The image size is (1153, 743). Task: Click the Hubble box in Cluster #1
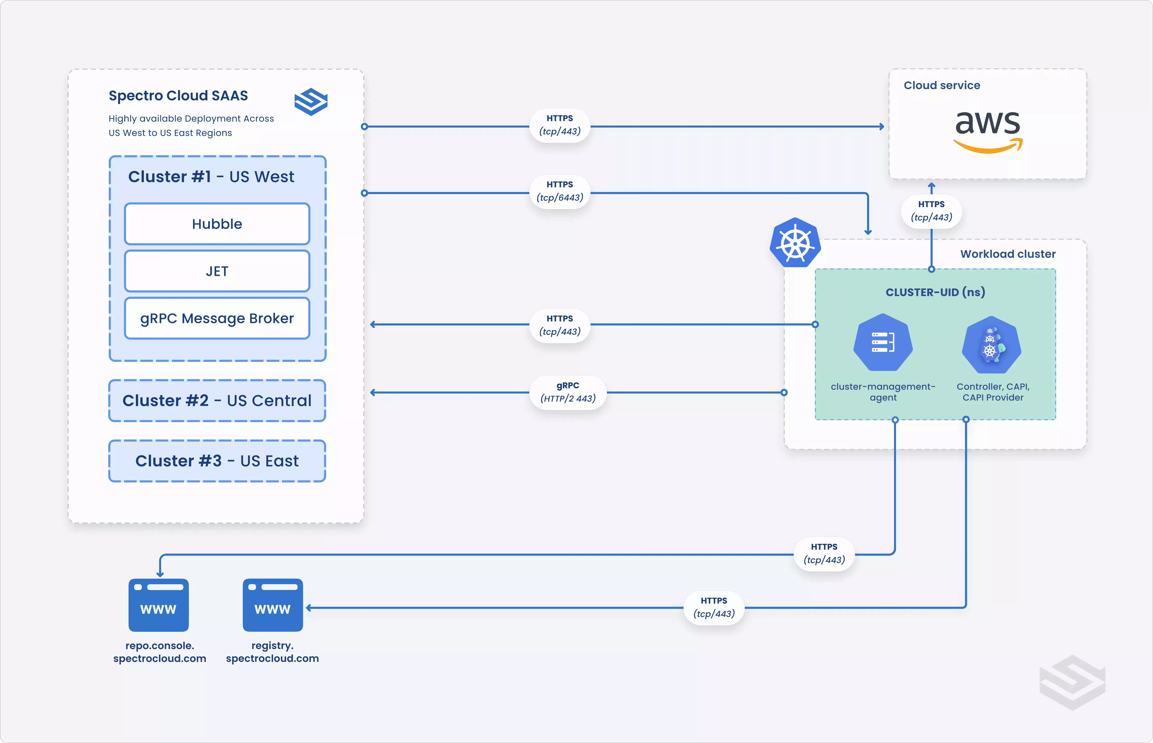tap(217, 224)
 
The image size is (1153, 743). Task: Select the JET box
tap(217, 271)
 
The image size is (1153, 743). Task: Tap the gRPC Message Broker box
tap(217, 318)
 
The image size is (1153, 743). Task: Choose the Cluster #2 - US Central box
tap(217, 400)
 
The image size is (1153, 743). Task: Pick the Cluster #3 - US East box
tap(217, 461)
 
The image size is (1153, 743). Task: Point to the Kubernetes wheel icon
tap(795, 243)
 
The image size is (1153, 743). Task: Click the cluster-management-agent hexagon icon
tap(883, 343)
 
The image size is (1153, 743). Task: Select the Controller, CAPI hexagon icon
tap(991, 345)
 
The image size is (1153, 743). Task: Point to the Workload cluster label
tap(1008, 254)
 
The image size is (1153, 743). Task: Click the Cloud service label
tap(942, 85)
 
